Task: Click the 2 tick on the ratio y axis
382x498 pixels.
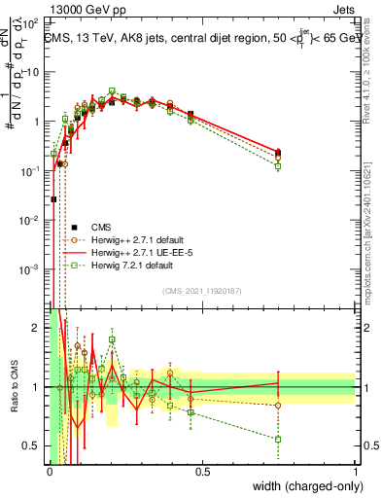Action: pyautogui.click(x=37, y=328)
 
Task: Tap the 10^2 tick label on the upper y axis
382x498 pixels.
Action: pyautogui.click(x=32, y=22)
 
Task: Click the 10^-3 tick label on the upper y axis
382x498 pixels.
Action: pyautogui.click(x=32, y=268)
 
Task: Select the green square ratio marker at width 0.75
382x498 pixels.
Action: pyautogui.click(x=278, y=439)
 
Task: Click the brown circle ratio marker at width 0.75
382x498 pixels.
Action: pyautogui.click(x=278, y=406)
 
